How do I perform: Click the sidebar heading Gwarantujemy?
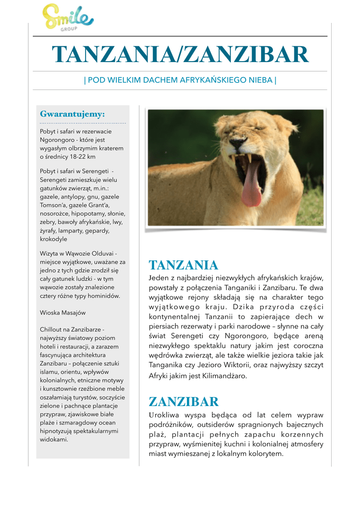tap(72, 114)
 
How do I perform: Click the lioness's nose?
tap(238, 143)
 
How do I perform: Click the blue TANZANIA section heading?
tap(183, 265)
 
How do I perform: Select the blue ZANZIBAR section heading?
tap(184, 402)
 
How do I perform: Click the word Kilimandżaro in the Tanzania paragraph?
tap(222, 376)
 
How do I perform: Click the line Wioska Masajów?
tap(63, 313)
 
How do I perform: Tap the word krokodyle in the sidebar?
tap(53, 239)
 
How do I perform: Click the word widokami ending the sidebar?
tap(54, 439)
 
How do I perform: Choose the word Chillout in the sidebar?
tap(52, 330)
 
